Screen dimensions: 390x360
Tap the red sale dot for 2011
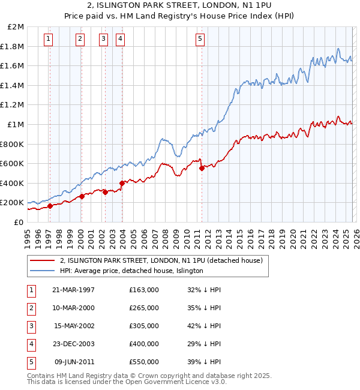tap(202, 169)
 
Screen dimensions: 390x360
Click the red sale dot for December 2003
tap(122, 183)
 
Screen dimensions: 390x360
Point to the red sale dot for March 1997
tap(50, 206)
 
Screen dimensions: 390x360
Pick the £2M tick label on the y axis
tap(16, 27)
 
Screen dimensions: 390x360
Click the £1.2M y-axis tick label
tap(13, 105)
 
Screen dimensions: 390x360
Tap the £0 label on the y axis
tap(19, 222)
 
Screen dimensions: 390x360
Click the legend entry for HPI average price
tap(131, 271)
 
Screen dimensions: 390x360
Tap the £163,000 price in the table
tap(143, 290)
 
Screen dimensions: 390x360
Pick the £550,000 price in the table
tap(143, 362)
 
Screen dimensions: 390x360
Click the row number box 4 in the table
tap(30, 344)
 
